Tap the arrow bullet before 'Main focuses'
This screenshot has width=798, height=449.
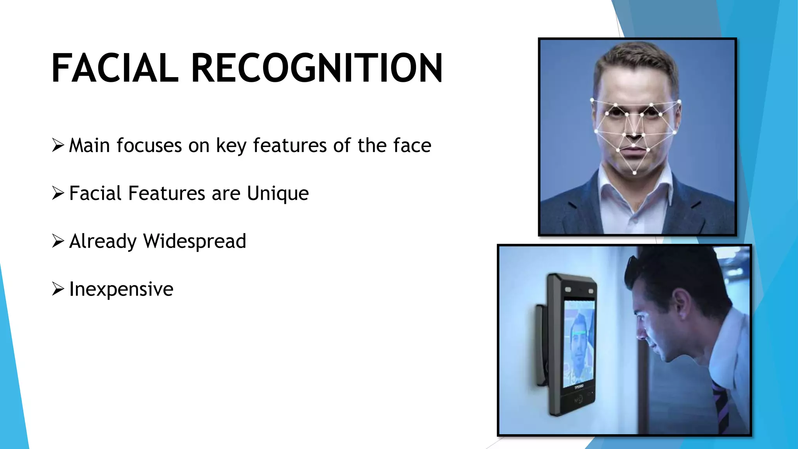(x=58, y=145)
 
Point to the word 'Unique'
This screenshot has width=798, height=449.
(x=277, y=194)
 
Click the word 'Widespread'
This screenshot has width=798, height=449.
(x=194, y=241)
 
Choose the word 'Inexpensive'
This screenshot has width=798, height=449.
(x=121, y=289)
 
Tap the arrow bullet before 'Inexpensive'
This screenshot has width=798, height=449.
(x=58, y=289)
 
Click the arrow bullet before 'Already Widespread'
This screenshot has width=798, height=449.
(x=58, y=241)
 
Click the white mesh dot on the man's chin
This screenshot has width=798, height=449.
(x=635, y=173)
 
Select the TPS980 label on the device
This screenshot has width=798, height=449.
(x=579, y=387)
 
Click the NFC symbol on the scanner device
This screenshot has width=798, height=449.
(x=578, y=399)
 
